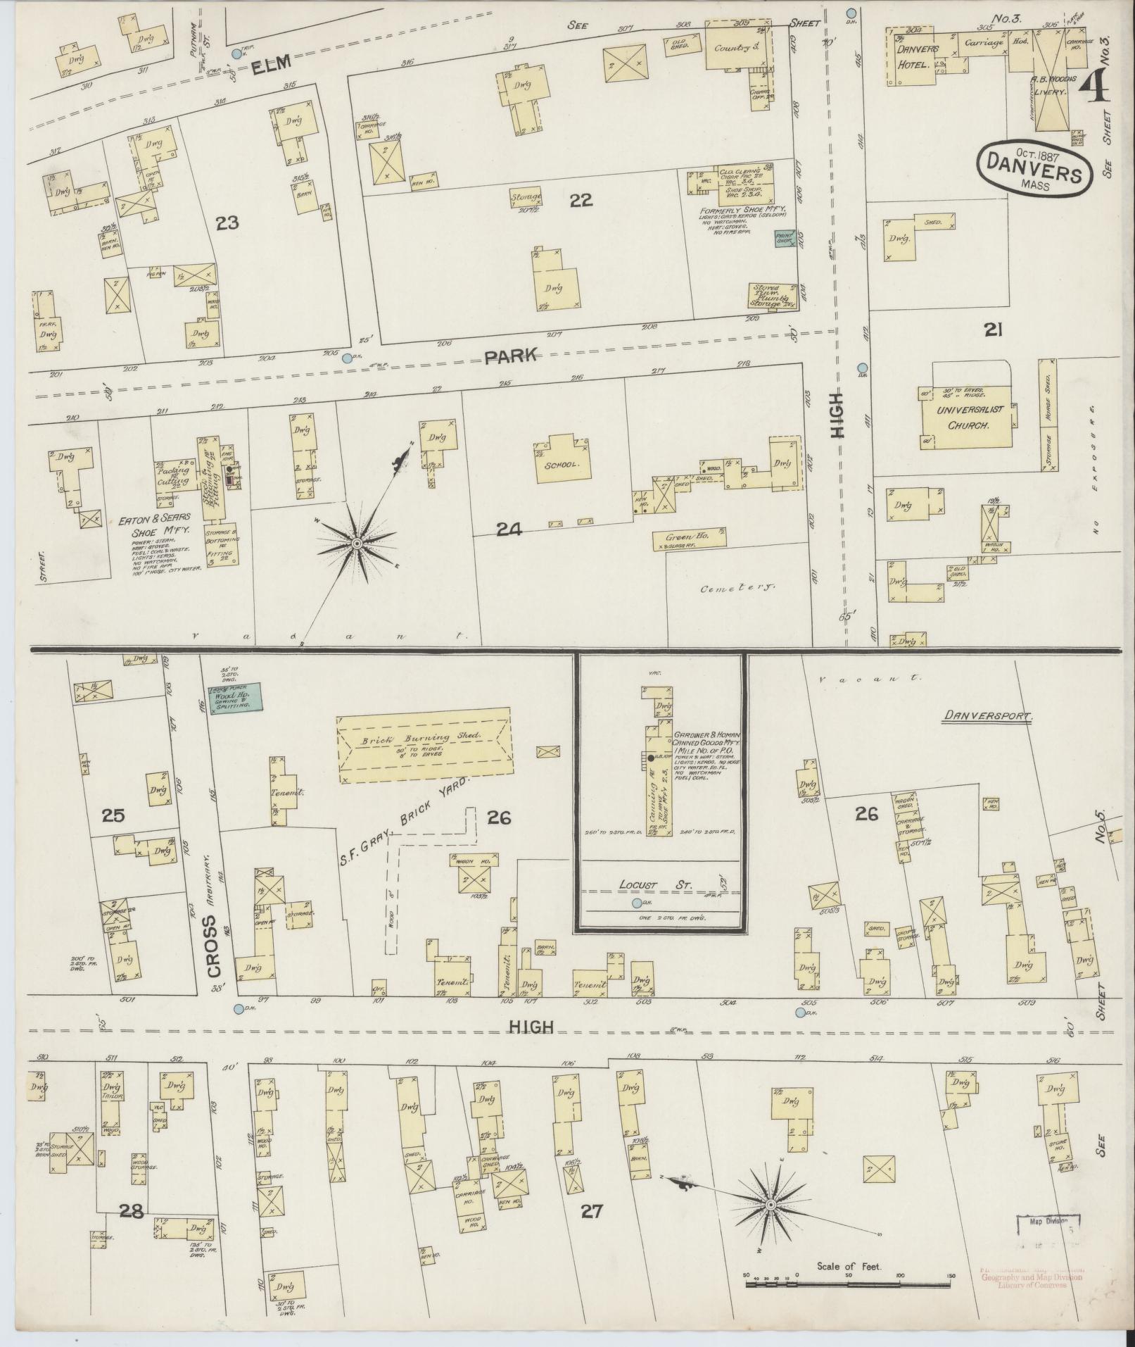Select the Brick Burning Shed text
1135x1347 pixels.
click(x=420, y=739)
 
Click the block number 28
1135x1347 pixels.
click(x=132, y=1211)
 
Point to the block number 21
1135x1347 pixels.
click(x=992, y=329)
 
